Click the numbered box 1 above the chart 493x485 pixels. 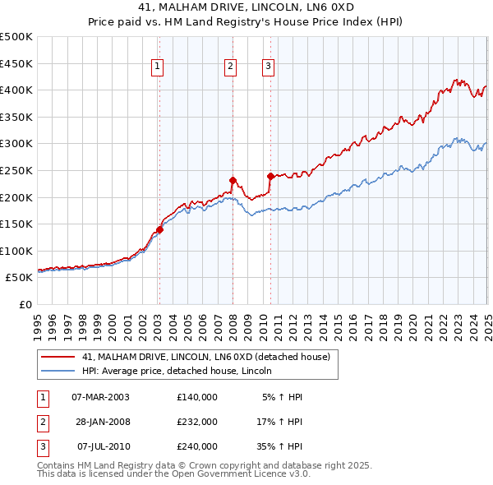coord(156,67)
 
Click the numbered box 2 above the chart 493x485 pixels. coord(231,67)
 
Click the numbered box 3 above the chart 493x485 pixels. coord(268,67)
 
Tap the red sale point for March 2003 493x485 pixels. coord(159,230)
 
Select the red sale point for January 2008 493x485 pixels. coord(233,180)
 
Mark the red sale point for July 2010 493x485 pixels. coord(270,176)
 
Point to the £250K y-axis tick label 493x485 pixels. coord(16,170)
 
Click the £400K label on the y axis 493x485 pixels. coord(16,90)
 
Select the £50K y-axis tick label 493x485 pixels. coord(20,278)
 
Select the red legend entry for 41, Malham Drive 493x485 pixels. coord(205,357)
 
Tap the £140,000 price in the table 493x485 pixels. coord(197,397)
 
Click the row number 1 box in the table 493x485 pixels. coord(41,397)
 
